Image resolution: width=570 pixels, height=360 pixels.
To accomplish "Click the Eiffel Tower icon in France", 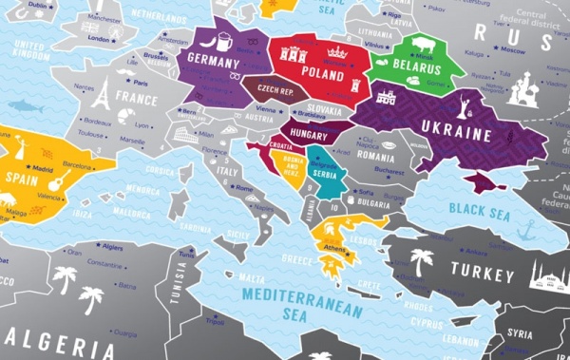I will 102,93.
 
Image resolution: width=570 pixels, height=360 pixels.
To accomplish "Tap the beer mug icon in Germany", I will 223,43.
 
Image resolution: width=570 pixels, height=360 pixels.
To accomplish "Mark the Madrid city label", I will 43,168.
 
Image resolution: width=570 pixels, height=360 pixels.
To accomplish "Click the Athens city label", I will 334,250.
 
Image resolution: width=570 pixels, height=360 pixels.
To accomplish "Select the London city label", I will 99,39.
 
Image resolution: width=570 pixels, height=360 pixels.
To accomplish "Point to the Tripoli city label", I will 224,348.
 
